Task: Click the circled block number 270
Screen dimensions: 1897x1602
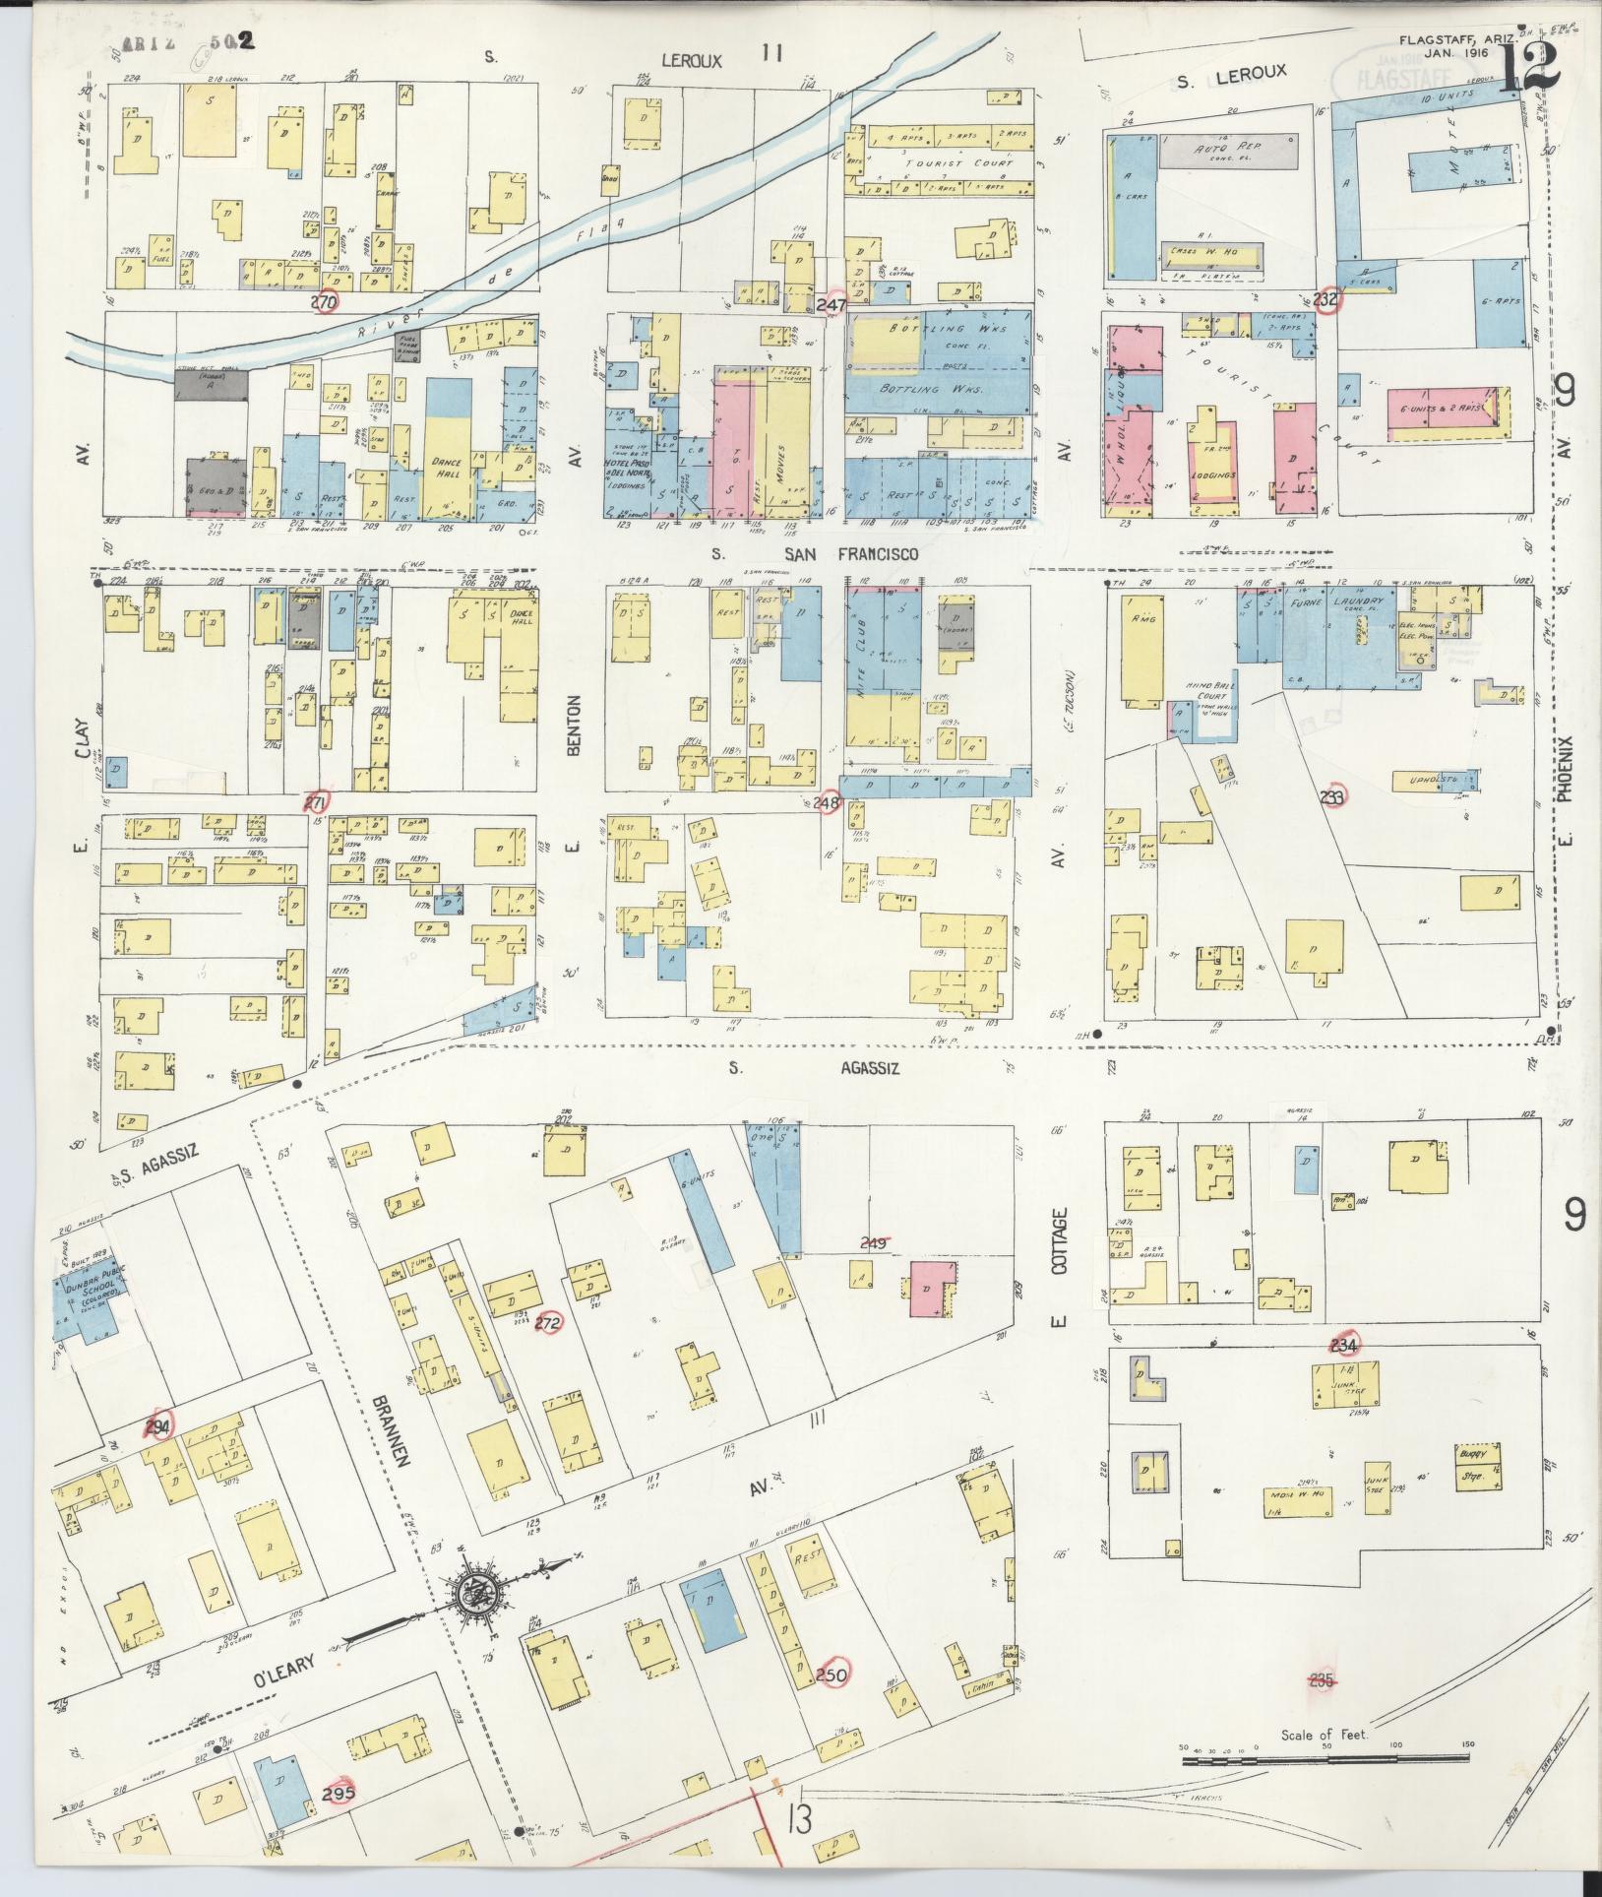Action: pos(325,302)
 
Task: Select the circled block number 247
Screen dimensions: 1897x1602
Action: pos(832,305)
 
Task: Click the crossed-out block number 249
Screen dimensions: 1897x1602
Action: pos(874,1243)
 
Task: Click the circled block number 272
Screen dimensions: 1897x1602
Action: pos(547,1324)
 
